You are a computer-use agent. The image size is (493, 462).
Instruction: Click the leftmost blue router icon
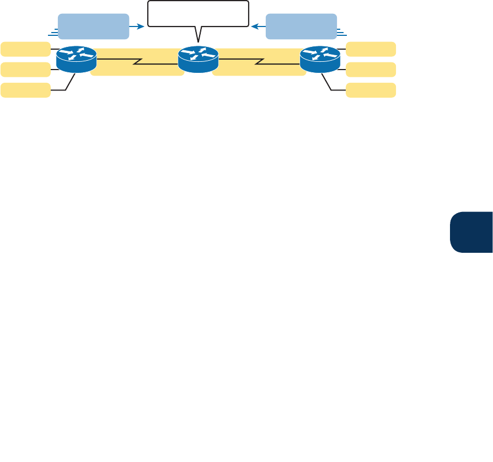(x=77, y=59)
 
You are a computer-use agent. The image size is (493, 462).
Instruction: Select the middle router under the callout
(x=199, y=59)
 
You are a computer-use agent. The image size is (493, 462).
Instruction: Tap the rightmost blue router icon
(x=320, y=59)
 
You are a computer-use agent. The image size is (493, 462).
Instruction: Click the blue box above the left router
(x=93, y=26)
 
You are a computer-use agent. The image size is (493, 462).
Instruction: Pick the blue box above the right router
(x=301, y=26)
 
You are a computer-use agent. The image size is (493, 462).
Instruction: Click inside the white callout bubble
(x=197, y=14)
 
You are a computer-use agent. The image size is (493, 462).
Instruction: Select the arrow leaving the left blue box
(x=138, y=25)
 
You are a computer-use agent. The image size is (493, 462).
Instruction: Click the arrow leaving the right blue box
(x=259, y=25)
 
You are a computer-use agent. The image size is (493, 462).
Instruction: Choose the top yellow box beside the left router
(x=25, y=49)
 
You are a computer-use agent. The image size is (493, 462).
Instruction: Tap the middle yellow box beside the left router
(x=25, y=70)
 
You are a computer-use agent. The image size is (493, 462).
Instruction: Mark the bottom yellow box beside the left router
(x=25, y=90)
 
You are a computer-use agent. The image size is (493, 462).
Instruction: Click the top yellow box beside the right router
(x=371, y=49)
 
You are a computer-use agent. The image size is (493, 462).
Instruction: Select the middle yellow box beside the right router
(x=371, y=70)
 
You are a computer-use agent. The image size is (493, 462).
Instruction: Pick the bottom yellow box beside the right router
(x=371, y=90)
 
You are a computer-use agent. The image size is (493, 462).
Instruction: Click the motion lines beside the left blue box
(x=53, y=33)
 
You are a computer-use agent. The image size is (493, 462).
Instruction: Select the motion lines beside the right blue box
(x=342, y=33)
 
